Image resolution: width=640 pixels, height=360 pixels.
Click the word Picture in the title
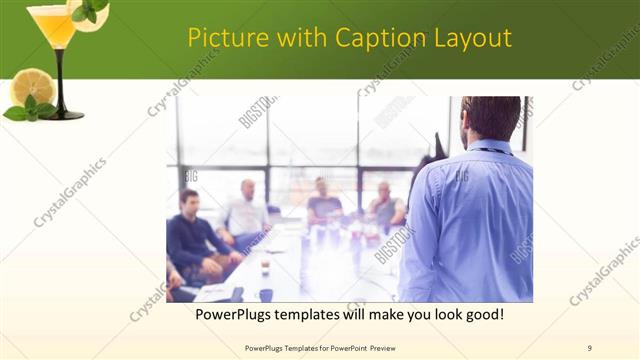(223, 39)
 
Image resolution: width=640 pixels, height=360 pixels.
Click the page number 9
(589, 347)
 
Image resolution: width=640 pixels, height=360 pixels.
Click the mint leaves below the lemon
(30, 109)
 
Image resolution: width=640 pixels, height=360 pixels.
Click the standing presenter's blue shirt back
(470, 220)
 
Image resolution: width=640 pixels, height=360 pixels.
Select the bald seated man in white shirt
(246, 210)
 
